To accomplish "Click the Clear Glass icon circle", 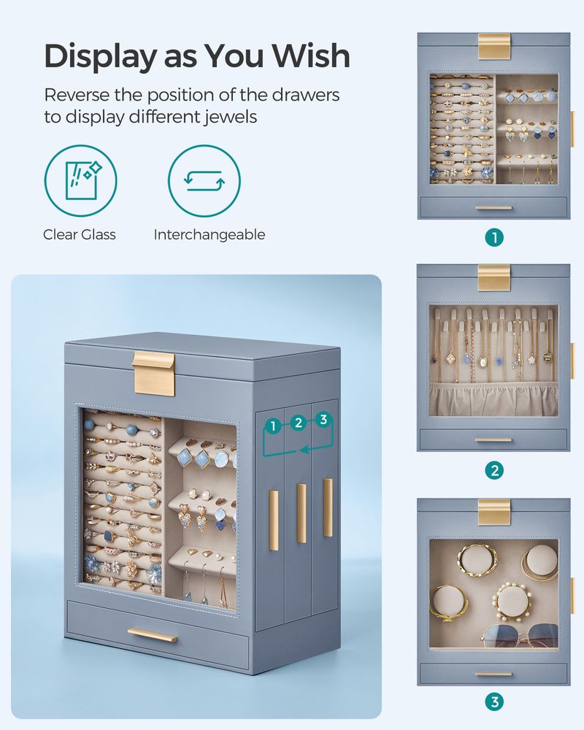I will (x=80, y=181).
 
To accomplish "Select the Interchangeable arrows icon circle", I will (x=204, y=181).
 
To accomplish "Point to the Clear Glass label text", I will (x=80, y=234).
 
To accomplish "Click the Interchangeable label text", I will (x=210, y=234).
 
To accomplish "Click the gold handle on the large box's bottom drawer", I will (x=152, y=634).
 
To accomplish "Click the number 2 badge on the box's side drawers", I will (x=298, y=422).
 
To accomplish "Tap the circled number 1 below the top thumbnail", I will (x=494, y=237).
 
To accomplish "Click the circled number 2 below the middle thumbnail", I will (x=494, y=470).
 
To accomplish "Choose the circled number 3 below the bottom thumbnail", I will (x=494, y=702).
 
